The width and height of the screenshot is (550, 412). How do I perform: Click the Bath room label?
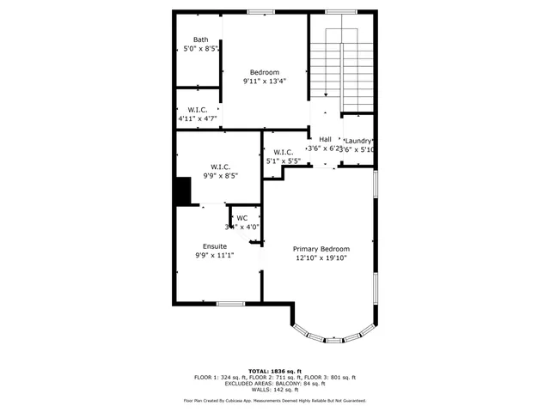click(200, 39)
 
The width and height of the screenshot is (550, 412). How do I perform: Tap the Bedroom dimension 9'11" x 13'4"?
click(264, 82)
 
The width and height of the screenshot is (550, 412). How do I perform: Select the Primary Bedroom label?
click(322, 247)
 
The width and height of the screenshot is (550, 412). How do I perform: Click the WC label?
click(242, 217)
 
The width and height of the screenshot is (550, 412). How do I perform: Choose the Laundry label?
click(358, 140)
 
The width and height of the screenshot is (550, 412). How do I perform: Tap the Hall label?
click(325, 139)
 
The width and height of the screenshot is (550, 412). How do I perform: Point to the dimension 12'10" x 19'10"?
click(322, 257)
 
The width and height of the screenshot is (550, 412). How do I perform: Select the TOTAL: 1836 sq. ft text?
click(274, 370)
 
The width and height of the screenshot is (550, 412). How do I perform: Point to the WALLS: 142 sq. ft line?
click(274, 391)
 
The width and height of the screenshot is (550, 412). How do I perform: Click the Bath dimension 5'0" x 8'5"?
click(200, 50)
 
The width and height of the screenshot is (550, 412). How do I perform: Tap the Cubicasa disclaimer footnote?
click(274, 401)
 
